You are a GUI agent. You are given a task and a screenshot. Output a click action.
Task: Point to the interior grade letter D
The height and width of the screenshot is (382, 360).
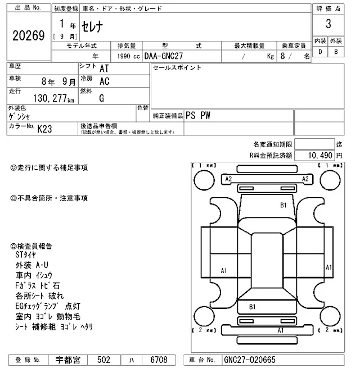(320, 52)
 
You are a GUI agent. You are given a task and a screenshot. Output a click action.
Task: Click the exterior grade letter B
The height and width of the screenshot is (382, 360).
(336, 52)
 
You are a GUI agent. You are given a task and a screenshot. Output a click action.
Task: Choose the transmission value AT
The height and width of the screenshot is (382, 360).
(104, 69)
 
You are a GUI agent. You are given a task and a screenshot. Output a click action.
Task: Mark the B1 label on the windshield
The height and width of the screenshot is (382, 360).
(284, 205)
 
